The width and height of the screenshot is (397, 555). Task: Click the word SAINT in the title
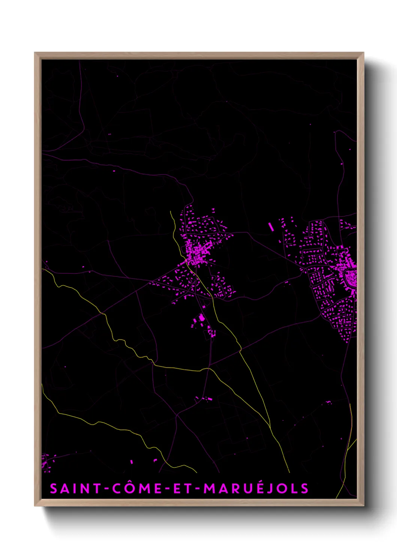tap(75, 489)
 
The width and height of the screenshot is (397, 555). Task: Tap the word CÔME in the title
tap(137, 489)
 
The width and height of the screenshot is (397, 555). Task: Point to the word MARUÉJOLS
tap(256, 489)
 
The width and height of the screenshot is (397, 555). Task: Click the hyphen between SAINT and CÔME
tap(107, 489)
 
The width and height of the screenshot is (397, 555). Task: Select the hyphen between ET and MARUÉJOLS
tap(198, 489)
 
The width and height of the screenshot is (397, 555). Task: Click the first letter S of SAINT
tap(54, 489)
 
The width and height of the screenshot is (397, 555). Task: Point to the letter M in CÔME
tap(144, 489)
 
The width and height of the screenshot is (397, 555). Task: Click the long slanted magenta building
tap(271, 226)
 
